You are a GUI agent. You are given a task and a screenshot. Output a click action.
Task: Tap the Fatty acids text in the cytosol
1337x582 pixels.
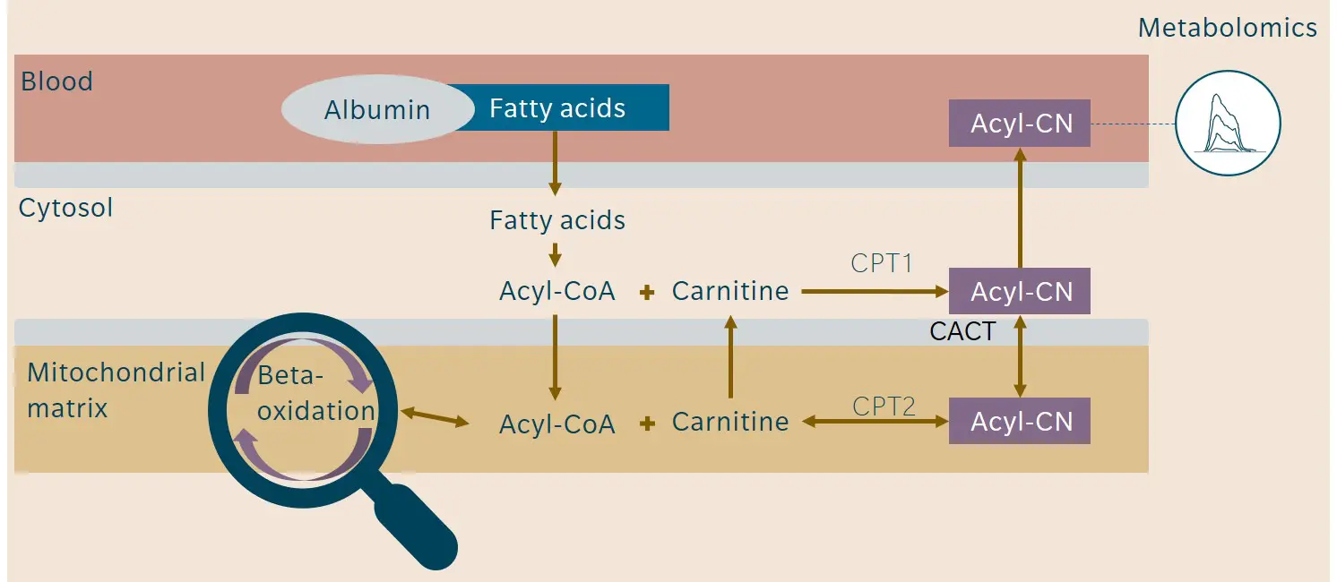point(556,220)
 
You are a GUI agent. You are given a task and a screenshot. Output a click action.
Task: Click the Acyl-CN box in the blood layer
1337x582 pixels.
point(1019,124)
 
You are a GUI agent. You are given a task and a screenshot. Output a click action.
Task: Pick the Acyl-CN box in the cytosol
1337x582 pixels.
point(1019,292)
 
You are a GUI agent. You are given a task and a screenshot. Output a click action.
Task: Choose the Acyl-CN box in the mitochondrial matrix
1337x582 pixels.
point(1019,422)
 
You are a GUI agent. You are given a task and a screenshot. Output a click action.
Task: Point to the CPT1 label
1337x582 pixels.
point(882,265)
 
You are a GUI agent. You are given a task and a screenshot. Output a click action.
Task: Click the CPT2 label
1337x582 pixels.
point(884,407)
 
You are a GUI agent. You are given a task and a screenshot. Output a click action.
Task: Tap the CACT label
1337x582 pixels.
point(962,332)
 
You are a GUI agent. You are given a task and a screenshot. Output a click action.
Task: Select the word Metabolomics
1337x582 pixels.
point(1227,28)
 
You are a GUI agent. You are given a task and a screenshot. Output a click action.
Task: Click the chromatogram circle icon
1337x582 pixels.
point(1227,123)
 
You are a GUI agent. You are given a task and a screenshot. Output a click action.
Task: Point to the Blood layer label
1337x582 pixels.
point(56,81)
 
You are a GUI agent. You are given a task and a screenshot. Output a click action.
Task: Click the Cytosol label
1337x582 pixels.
point(65,209)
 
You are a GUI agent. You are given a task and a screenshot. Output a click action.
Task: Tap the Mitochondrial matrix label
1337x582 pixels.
point(116,390)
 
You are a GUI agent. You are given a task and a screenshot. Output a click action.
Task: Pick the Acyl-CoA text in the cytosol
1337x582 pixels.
point(556,292)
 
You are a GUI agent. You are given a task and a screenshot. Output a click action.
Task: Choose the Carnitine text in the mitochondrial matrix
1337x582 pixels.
point(729,422)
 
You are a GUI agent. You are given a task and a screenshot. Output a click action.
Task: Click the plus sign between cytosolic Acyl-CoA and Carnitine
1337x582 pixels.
point(646,293)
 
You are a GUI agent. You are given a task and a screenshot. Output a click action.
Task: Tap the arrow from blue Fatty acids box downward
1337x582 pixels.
point(555,162)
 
